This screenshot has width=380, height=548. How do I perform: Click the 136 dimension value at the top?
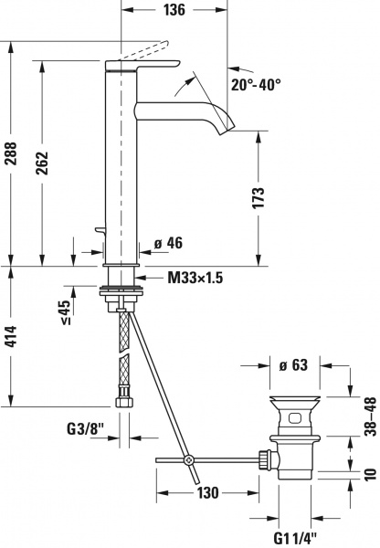click(176, 11)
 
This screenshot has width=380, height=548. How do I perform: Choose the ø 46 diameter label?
click(169, 243)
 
